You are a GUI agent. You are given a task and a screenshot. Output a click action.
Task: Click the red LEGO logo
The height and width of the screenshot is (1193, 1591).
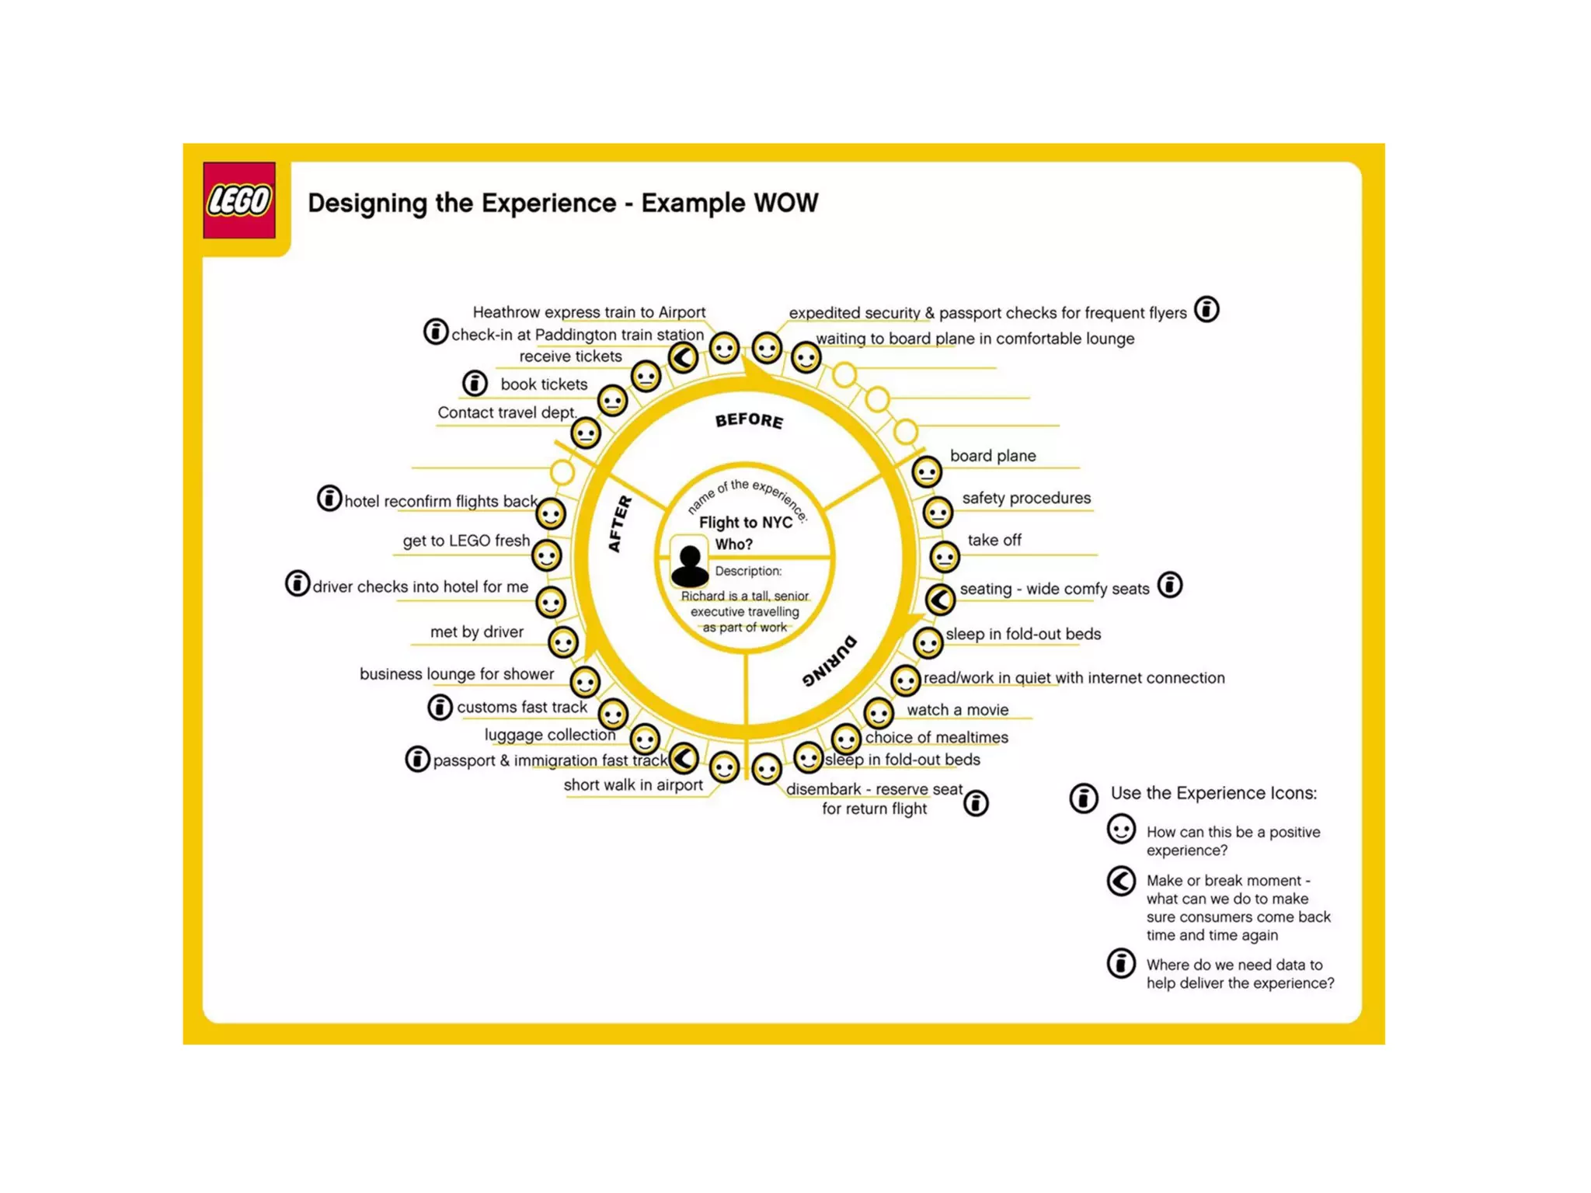239,200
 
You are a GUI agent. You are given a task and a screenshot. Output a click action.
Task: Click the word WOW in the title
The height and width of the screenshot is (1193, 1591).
785,203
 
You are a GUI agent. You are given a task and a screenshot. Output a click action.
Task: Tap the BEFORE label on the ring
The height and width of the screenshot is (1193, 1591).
749,420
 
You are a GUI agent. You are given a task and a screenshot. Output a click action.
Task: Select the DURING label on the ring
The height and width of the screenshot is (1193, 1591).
830,662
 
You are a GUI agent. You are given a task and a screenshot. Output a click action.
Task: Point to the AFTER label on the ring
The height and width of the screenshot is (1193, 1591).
619,524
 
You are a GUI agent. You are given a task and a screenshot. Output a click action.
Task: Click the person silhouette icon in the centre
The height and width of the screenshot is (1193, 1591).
689,565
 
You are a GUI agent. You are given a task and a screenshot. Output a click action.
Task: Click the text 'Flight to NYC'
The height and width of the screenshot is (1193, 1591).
746,522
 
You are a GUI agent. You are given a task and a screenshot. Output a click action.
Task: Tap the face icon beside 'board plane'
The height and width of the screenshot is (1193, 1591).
926,471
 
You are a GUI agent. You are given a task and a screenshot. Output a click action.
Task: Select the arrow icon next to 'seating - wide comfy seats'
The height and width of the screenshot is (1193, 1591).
940,599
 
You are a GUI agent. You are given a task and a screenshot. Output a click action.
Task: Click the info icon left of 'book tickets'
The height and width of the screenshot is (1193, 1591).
475,383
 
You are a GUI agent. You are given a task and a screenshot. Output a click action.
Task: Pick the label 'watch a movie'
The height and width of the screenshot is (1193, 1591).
957,710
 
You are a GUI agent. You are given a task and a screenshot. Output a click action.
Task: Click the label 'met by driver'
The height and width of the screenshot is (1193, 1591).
477,632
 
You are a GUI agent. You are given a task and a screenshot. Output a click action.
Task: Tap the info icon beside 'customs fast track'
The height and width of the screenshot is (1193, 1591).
440,707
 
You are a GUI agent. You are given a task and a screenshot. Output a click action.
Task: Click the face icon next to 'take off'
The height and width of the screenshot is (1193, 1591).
945,557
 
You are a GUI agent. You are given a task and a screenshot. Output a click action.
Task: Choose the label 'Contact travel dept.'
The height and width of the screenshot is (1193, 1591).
507,412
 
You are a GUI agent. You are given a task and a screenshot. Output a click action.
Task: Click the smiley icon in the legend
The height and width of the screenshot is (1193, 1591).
1121,830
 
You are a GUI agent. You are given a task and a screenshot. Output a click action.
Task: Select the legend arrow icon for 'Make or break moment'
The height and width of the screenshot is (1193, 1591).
1121,881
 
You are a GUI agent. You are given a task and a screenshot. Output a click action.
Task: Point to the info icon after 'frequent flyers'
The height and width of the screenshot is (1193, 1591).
1206,310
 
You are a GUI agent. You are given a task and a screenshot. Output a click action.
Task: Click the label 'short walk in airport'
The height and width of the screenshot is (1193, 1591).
633,785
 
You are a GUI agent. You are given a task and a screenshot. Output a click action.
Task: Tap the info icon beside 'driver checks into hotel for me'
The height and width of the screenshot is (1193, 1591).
298,583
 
